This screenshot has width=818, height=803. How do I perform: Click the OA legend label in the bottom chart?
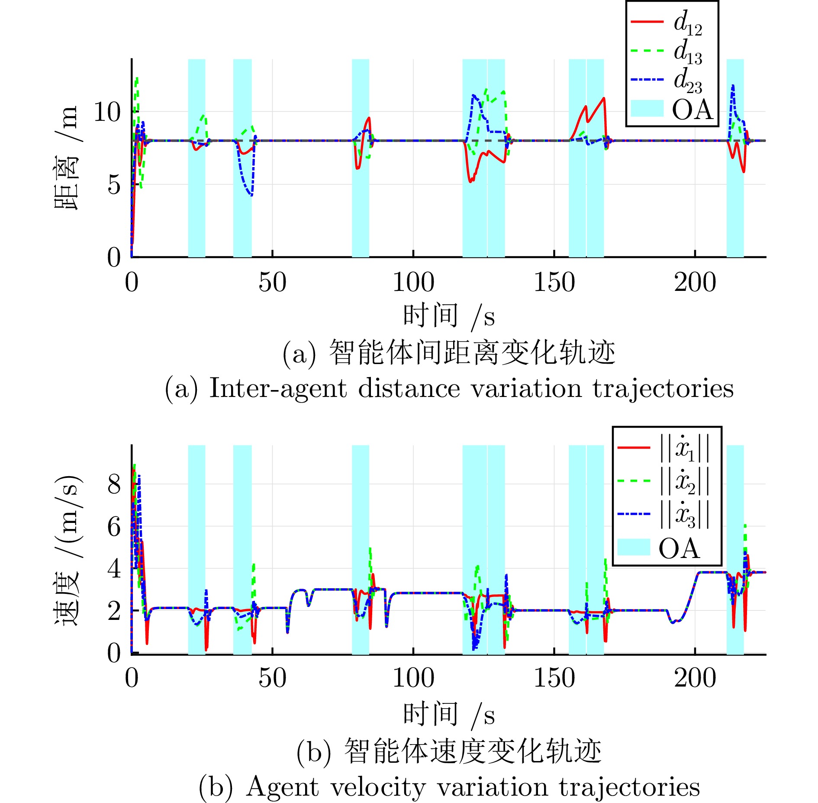(x=679, y=548)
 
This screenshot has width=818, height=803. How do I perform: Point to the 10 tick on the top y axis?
(x=107, y=112)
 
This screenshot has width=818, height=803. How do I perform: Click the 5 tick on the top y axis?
(x=114, y=185)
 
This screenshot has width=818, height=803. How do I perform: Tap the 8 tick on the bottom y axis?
(x=114, y=484)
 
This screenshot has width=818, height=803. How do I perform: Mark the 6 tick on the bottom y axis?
(x=114, y=527)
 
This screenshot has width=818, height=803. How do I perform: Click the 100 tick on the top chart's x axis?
(x=413, y=282)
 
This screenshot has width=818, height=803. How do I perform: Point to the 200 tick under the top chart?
(x=695, y=282)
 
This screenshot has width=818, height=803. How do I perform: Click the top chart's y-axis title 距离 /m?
(x=66, y=158)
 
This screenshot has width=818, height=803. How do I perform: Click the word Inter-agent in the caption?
(x=278, y=388)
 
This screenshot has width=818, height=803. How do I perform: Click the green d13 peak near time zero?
(x=137, y=78)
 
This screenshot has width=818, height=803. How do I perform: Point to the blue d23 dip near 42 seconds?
(x=251, y=195)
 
